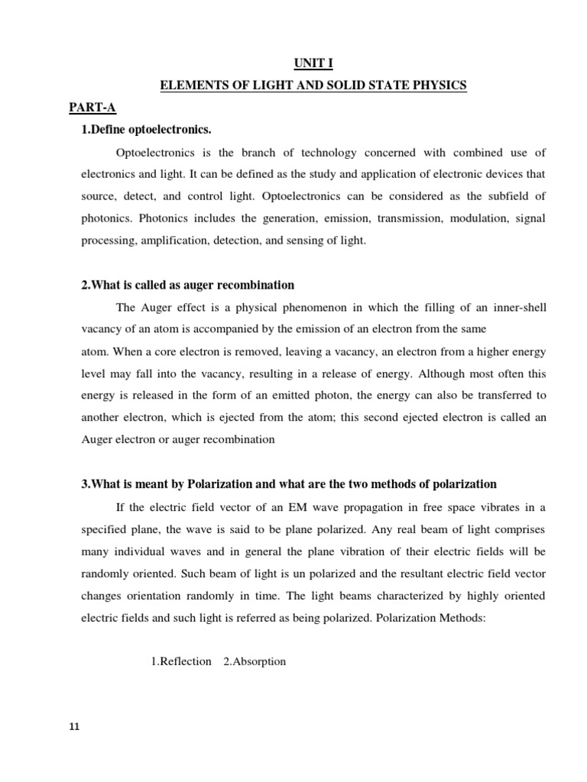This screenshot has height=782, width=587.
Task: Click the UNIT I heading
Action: (313, 64)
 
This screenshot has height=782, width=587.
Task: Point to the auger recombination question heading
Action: (187, 285)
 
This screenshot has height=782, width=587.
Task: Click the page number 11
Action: (73, 726)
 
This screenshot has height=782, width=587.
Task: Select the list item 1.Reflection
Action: (181, 661)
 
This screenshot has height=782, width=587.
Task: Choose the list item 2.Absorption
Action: (255, 661)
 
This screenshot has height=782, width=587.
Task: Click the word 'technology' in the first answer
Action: (329, 153)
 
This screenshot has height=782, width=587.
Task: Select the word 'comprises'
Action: (521, 529)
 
